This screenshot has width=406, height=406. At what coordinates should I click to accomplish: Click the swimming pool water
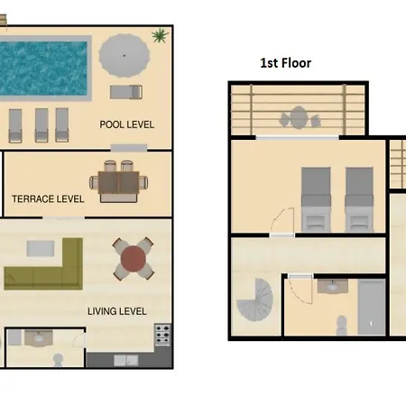tap(43, 68)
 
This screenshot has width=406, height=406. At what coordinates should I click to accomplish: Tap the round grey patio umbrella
tap(125, 56)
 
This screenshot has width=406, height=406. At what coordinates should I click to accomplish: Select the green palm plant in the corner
tap(160, 35)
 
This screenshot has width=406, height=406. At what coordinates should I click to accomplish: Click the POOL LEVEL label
tap(126, 125)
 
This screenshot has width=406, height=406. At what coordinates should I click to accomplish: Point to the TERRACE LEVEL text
tap(48, 198)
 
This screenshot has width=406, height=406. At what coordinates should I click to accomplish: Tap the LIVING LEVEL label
tap(117, 311)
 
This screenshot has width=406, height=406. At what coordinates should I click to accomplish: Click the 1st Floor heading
tap(286, 63)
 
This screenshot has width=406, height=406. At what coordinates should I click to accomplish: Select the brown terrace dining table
tap(119, 182)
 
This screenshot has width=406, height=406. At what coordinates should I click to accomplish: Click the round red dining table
tap(134, 259)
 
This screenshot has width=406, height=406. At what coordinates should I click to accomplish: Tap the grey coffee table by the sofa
tap(41, 248)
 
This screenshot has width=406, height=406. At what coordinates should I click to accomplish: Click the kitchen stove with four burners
tap(162, 335)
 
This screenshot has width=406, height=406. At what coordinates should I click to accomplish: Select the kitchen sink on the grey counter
tap(125, 361)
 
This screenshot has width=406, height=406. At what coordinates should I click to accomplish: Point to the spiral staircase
tap(255, 300)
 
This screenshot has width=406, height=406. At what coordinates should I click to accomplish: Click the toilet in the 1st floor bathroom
tap(341, 326)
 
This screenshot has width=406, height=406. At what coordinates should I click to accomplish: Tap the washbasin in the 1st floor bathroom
tap(333, 286)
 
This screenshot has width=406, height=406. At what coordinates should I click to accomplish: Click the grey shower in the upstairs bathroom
tap(372, 307)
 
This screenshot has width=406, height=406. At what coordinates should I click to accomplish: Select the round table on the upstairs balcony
tap(299, 117)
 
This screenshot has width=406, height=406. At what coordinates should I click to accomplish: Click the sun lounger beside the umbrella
tap(126, 92)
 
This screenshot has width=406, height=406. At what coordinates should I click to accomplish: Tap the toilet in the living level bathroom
tap(58, 360)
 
